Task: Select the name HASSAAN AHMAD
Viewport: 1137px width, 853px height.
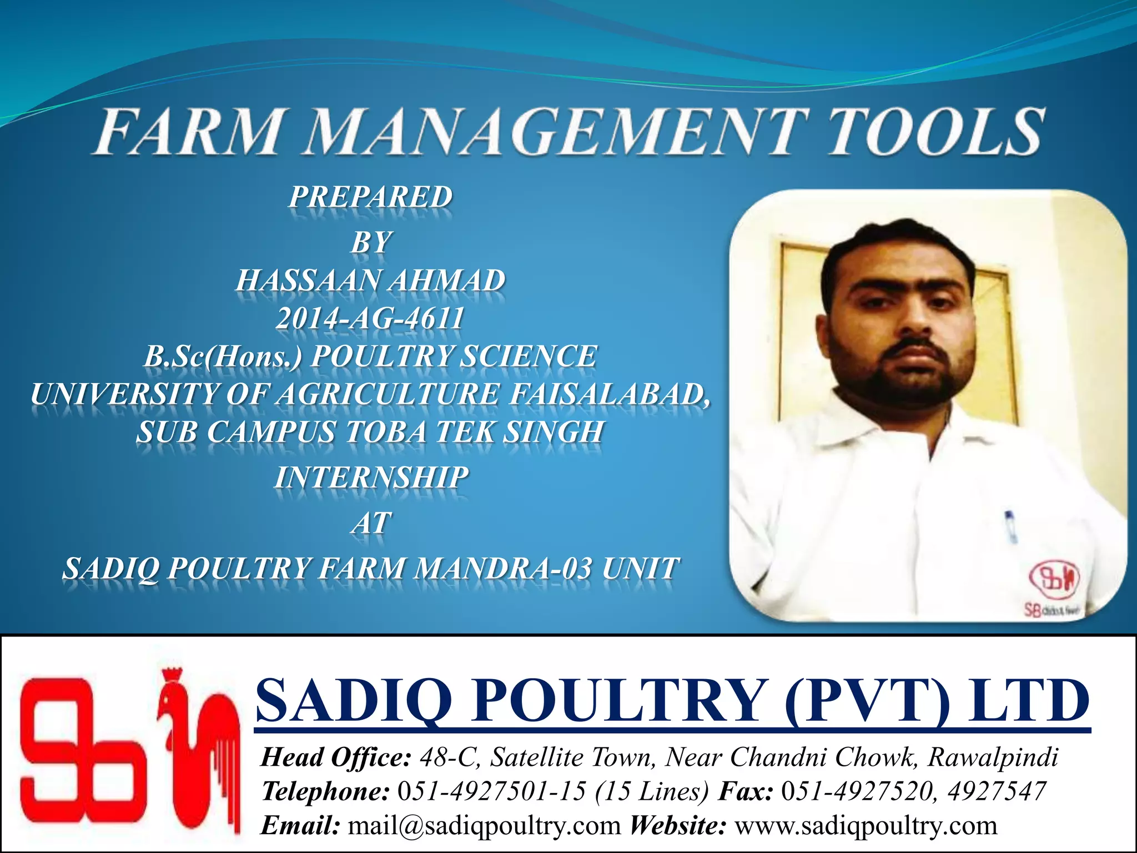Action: tap(370, 280)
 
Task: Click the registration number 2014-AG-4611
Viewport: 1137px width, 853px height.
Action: tap(370, 319)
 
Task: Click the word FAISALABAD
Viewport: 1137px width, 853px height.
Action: tap(610, 394)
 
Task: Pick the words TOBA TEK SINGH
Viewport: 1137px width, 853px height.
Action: tap(475, 432)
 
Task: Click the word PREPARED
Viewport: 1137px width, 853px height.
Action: tap(370, 197)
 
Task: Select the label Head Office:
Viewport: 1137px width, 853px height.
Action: tap(336, 757)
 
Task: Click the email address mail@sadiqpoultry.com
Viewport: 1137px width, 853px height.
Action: tap(484, 826)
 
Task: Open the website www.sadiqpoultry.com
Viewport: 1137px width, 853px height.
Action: tap(866, 826)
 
